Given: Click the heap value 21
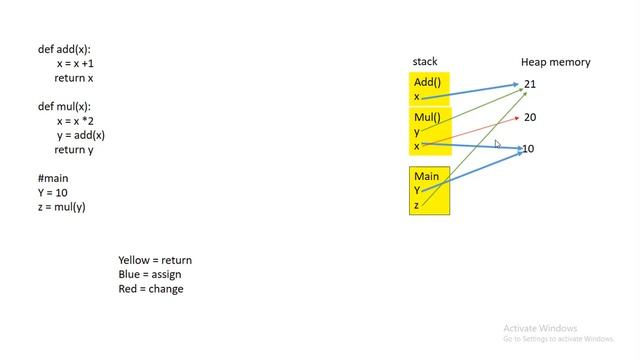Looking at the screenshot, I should (530, 84).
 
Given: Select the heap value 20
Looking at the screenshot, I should (530, 117).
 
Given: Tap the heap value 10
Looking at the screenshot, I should (529, 149).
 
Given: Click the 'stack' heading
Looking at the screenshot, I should (425, 62).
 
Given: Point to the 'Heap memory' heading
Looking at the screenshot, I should (555, 62).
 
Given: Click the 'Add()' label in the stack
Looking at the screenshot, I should (427, 82).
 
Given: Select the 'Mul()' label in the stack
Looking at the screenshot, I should (427, 117).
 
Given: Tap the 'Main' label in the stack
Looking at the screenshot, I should (426, 176).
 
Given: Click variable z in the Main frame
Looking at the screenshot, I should (416, 205).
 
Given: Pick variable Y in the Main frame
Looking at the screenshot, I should (417, 190).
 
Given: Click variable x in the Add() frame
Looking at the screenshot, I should (417, 97).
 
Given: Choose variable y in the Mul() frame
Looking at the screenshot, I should (417, 132).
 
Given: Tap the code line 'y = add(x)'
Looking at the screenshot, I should (81, 135).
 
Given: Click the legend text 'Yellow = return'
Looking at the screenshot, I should (155, 260).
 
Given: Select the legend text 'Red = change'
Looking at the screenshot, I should (151, 289).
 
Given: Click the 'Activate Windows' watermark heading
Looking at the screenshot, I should (540, 328).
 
